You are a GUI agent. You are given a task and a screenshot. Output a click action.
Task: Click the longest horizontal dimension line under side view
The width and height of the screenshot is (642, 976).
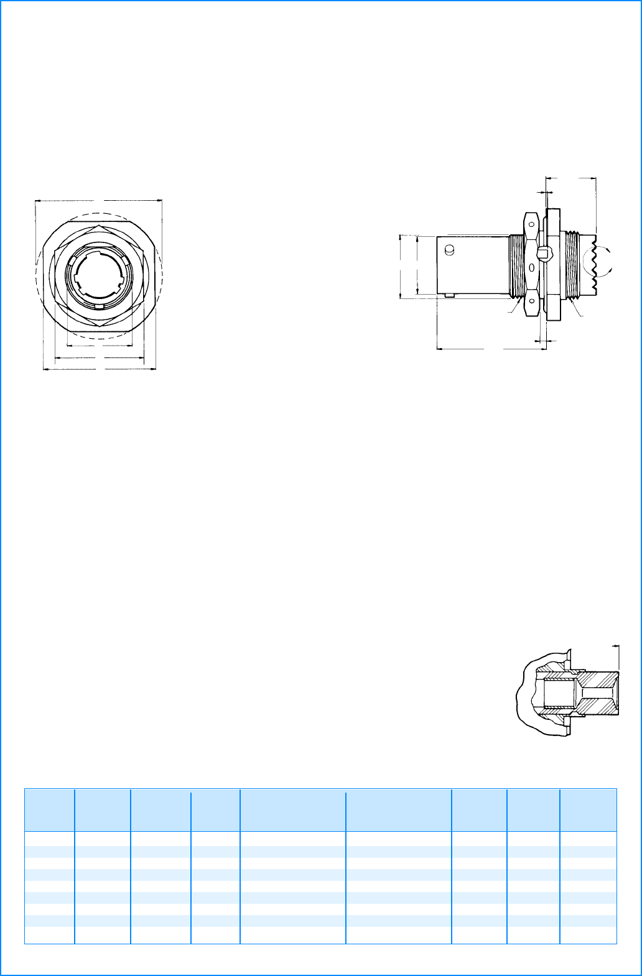pos(491,349)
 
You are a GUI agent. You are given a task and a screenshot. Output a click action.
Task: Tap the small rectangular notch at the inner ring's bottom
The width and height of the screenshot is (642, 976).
pos(98,308)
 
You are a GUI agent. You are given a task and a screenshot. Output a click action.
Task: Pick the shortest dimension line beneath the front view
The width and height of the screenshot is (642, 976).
pos(100,346)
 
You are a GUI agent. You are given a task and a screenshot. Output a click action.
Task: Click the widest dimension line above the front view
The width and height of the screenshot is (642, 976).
pos(100,201)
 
